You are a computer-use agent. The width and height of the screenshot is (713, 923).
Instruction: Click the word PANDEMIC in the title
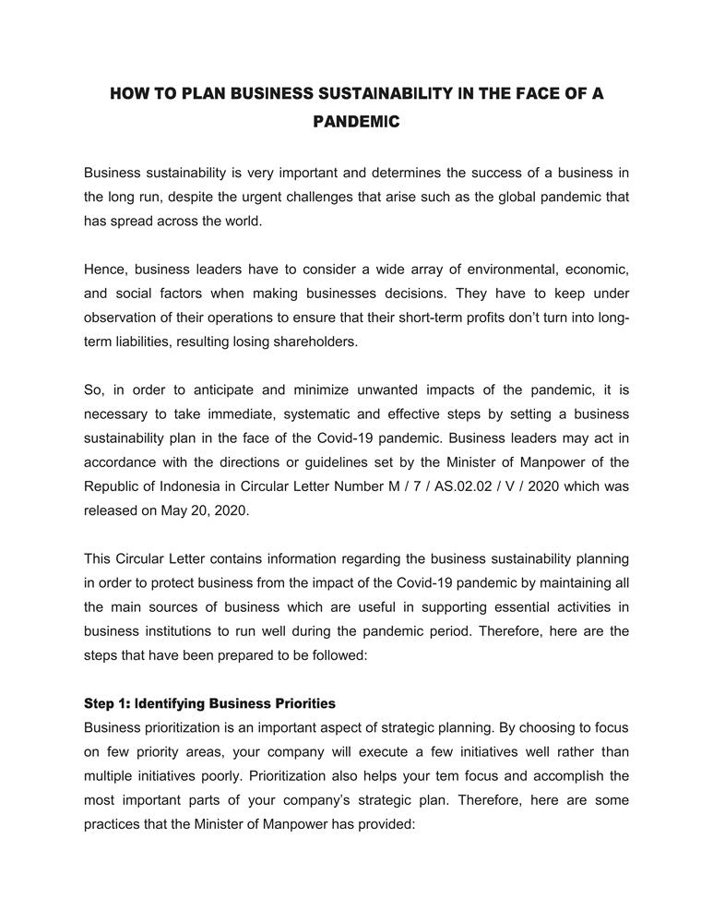click(356, 121)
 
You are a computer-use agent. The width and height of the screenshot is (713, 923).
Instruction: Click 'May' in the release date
click(173, 509)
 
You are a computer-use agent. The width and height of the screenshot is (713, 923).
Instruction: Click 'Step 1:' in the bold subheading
click(107, 703)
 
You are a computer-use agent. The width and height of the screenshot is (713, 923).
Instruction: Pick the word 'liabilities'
click(145, 342)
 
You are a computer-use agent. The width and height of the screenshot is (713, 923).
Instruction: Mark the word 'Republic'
click(111, 485)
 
